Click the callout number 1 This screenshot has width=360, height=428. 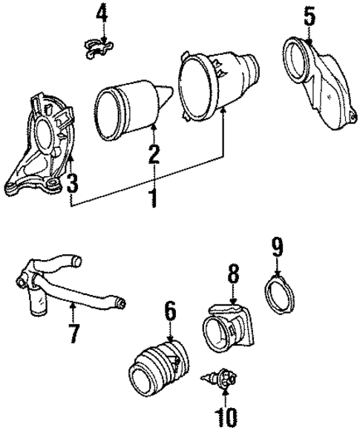(152, 198)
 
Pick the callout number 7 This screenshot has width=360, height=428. (73, 333)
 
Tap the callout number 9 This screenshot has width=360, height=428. (276, 246)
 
